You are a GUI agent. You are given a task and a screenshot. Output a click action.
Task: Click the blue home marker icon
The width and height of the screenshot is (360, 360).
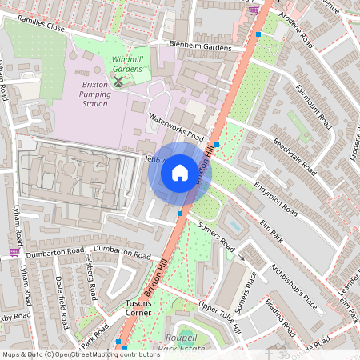point(180,172)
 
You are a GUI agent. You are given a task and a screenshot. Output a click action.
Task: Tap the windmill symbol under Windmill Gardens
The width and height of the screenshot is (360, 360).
point(118,81)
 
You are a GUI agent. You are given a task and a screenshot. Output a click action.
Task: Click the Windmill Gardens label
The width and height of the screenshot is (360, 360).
point(127,64)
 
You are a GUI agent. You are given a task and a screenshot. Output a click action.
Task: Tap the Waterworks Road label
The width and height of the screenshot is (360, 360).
point(176,126)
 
